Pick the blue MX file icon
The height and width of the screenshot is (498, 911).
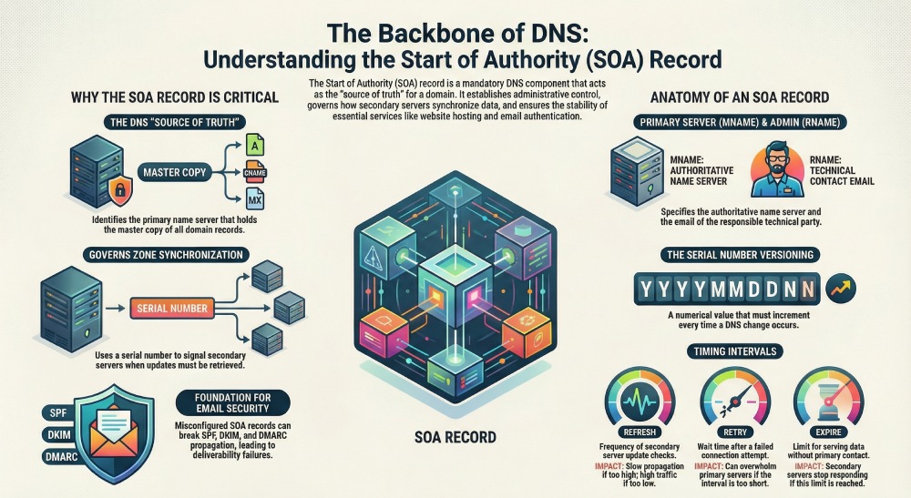coord(255,198)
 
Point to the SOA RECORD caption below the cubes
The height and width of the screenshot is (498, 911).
coord(455,437)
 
